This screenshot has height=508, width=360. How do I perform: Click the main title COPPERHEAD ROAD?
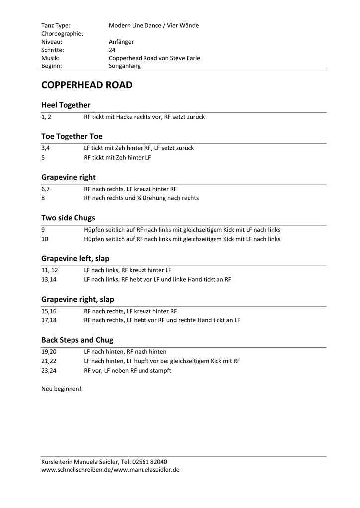pos(86,85)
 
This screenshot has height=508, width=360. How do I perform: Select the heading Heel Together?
pos(66,105)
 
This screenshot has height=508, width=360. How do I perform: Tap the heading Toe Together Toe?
pos(72,136)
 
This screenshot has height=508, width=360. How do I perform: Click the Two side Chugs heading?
pos(68,218)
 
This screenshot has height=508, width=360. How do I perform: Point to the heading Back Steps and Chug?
pos(77,340)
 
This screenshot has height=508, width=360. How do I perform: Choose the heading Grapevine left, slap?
pos(75,258)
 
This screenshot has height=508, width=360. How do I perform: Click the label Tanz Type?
pos(56,25)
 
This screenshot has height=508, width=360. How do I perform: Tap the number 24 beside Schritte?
pos(112,50)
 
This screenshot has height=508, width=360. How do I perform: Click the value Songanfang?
pos(125,66)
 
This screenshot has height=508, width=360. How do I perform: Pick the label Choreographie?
pos(62,34)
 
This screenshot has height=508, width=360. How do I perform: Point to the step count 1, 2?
pos(46,117)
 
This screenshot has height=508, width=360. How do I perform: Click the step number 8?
pos(43,198)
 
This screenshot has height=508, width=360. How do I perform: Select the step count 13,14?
pos(49,279)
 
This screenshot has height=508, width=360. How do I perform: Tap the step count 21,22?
pos(49,361)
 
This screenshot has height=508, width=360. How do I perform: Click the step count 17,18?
pos(49,320)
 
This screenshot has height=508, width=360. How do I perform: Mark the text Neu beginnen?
pos(61,388)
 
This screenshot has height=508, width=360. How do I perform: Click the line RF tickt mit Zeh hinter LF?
pos(118,157)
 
